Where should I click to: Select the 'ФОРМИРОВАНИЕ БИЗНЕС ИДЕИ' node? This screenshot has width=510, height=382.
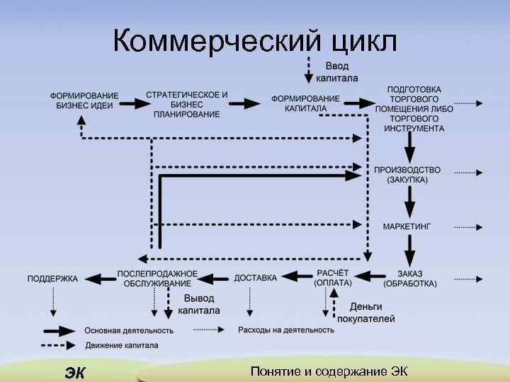[84, 100]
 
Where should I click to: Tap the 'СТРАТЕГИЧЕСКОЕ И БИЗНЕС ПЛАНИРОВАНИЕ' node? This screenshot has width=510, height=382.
[186, 104]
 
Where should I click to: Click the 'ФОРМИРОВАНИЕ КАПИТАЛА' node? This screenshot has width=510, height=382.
[305, 103]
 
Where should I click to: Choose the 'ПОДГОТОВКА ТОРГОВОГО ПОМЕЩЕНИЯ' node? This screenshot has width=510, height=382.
[414, 109]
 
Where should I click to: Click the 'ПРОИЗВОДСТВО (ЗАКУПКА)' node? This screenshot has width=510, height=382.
[407, 175]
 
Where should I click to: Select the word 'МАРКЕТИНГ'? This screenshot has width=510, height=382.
[407, 226]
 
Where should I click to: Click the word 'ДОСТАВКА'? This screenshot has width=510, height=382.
[255, 278]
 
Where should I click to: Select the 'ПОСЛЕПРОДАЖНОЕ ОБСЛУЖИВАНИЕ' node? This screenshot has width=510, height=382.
[157, 278]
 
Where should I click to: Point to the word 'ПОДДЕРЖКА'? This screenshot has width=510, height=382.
[52, 279]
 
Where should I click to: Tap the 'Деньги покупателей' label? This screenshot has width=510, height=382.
[365, 313]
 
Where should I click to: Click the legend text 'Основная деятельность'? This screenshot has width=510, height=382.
[128, 330]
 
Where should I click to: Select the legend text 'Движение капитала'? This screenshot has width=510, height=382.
[121, 346]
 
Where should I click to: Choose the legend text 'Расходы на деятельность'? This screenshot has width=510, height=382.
[286, 330]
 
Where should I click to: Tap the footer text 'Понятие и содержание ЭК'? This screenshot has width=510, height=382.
[329, 372]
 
